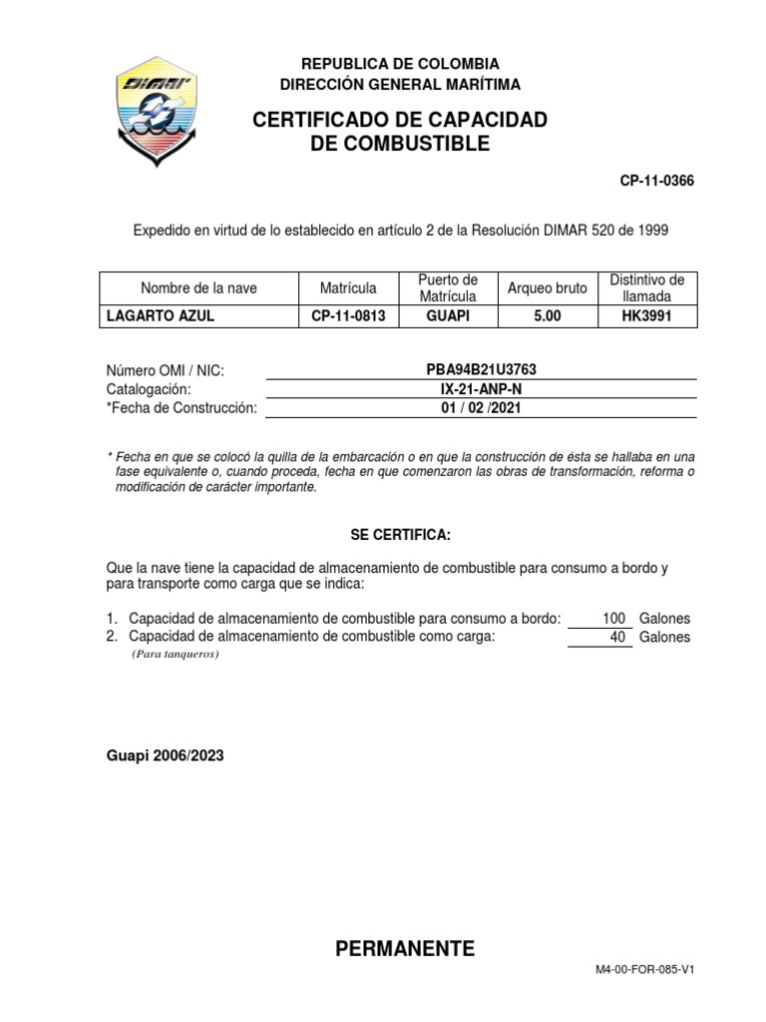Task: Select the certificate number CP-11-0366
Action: coord(656,181)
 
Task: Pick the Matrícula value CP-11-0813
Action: coord(348,316)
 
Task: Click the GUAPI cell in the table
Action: coord(449,316)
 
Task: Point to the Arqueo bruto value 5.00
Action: coord(548,316)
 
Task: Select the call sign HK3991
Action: coord(647,316)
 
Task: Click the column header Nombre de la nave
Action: coord(198,288)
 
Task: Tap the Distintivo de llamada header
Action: coord(647,287)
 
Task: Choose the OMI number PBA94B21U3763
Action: coord(481,370)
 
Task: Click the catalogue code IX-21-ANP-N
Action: coord(481,389)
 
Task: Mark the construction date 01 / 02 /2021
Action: coord(481,408)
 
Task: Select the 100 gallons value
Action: coord(612,619)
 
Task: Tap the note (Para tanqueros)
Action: coord(175,655)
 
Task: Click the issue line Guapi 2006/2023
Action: coord(166,756)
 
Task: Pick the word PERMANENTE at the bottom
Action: coord(405,948)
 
